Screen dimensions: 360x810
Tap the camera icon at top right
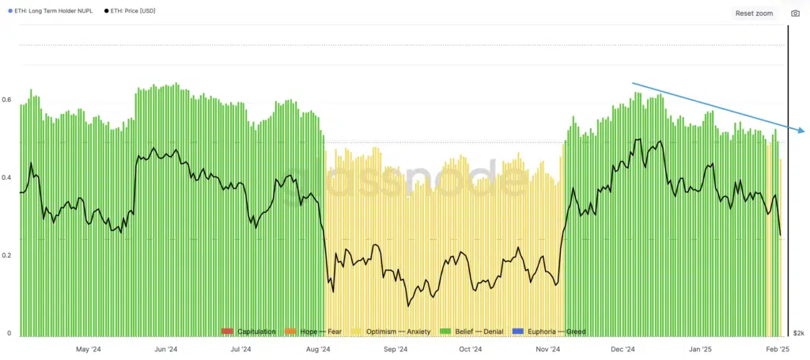tap(796, 13)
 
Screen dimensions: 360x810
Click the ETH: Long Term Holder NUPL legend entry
tap(51, 11)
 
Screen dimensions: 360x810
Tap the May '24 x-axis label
tap(88, 349)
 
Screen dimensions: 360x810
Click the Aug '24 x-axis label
tap(318, 349)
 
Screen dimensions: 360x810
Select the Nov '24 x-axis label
tap(548, 349)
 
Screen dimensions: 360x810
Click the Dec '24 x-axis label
tap(623, 349)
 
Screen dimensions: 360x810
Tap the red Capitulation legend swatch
tap(228, 332)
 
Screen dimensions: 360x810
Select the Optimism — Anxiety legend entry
tap(392, 332)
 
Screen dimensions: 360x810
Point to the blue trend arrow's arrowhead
tap(802, 131)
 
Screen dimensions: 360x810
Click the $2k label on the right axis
tap(798, 333)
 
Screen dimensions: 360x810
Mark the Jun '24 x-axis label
tap(165, 349)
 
